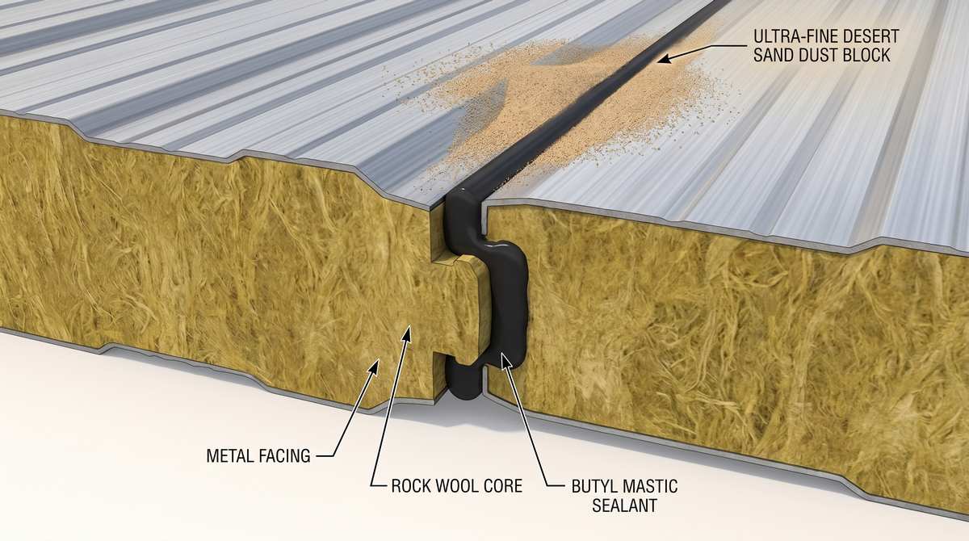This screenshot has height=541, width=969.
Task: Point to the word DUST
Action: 820,56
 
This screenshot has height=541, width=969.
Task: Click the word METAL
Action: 229,455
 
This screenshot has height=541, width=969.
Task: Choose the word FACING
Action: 284,455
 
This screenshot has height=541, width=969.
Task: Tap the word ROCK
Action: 411,486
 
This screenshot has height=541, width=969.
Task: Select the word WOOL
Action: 456,486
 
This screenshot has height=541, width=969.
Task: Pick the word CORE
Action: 502,486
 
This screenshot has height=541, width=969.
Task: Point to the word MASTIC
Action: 650,486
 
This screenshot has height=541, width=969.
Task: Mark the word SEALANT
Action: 624,505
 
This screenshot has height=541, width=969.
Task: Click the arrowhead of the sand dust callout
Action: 664,59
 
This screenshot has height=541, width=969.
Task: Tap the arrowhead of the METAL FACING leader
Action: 375,366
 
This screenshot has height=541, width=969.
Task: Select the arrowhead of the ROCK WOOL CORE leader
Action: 407,333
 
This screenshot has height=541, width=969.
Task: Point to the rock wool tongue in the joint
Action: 461,307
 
